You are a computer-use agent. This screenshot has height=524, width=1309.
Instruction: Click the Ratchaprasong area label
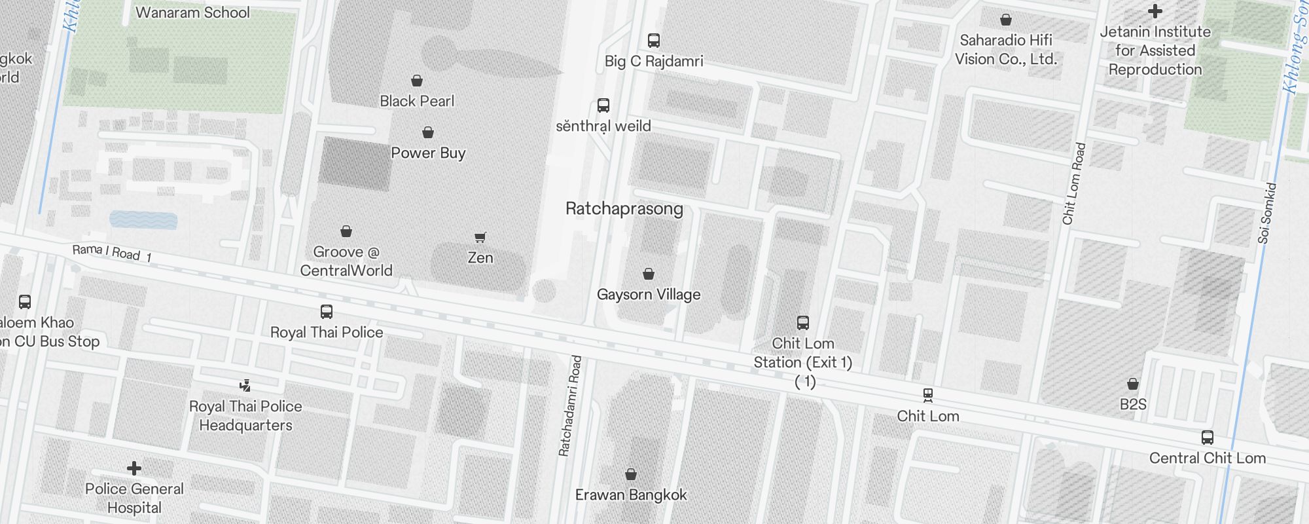click(624, 209)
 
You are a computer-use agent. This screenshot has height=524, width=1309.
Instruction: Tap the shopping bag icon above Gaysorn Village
click(649, 273)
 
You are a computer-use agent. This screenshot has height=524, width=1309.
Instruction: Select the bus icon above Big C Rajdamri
click(653, 40)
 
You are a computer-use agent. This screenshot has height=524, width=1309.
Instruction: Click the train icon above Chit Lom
click(927, 395)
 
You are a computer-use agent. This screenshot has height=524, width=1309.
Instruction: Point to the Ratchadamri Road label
click(569, 406)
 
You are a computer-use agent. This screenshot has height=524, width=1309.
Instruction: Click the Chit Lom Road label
click(1074, 184)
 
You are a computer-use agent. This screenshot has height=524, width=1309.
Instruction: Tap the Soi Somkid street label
click(1267, 214)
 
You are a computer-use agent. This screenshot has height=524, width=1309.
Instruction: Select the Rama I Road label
click(111, 252)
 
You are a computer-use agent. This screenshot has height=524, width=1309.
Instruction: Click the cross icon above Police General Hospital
click(134, 468)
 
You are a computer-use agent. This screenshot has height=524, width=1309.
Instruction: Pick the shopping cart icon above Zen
click(480, 237)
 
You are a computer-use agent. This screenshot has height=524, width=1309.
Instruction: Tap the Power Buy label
click(428, 153)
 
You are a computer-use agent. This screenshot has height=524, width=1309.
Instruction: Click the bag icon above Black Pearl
click(417, 81)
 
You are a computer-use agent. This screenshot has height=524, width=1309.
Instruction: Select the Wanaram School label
click(192, 12)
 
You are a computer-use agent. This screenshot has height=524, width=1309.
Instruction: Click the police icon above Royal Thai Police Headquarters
click(245, 385)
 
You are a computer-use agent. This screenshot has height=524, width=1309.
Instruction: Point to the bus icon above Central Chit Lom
click(1208, 438)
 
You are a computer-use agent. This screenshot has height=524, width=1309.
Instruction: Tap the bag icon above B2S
click(1133, 384)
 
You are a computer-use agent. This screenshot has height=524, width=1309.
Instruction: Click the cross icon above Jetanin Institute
click(1155, 11)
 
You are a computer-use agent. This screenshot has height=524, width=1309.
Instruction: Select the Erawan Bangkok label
click(631, 495)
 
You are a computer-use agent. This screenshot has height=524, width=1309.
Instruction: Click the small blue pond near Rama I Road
click(143, 219)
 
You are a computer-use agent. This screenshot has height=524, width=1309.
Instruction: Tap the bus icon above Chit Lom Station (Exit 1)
click(803, 322)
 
